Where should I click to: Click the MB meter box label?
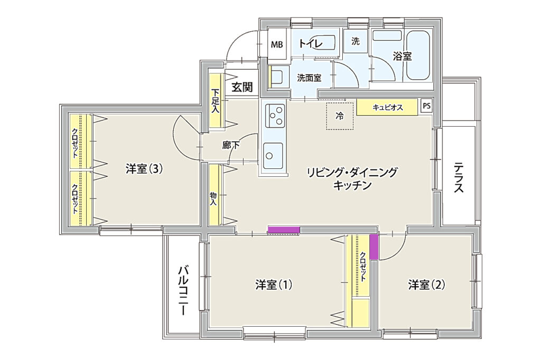(x=277, y=44)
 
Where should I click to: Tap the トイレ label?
(x=310, y=44)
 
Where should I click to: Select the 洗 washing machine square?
(x=356, y=41)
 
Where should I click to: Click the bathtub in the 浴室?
(x=418, y=55)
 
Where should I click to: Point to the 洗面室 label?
(x=309, y=78)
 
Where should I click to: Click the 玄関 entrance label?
(x=242, y=87)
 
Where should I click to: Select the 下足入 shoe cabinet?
(x=216, y=101)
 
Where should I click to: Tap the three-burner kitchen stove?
(x=275, y=115)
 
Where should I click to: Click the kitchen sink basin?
(x=273, y=156)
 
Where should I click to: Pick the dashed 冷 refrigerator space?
(x=340, y=116)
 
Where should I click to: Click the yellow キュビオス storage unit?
(x=387, y=107)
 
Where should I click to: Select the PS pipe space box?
(x=426, y=106)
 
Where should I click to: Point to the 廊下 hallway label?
(x=231, y=146)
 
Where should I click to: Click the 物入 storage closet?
(x=214, y=195)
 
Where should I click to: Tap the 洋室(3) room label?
(x=144, y=169)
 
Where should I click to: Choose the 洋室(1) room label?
(x=274, y=285)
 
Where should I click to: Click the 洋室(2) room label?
(x=426, y=285)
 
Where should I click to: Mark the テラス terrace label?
(x=459, y=177)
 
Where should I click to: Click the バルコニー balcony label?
(x=183, y=290)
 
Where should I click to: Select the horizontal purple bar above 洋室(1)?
(x=284, y=230)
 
